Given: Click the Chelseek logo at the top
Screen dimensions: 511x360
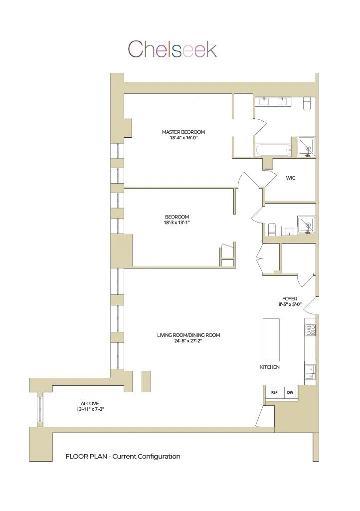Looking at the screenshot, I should (173, 49).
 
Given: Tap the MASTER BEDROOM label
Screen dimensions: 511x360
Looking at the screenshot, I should (183, 132).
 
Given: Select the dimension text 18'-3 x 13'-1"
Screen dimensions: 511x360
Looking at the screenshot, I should (177, 223).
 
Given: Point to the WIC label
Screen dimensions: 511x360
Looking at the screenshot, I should (291, 178).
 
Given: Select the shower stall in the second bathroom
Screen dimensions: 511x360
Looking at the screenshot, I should (307, 225).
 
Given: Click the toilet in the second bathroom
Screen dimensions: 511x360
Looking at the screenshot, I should (272, 230).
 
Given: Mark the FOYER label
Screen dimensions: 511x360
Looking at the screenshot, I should (290, 299).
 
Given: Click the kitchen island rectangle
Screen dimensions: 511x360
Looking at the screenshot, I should (271, 339).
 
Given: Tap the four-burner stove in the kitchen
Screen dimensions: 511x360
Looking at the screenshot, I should (310, 330).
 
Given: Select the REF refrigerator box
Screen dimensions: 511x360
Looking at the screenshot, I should (274, 393).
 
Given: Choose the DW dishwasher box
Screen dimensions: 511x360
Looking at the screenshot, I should (290, 393).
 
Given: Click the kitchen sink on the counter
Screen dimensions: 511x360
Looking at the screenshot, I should (310, 370).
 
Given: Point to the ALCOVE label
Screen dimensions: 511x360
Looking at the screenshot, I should (90, 403).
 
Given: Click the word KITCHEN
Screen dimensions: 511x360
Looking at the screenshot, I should (270, 367).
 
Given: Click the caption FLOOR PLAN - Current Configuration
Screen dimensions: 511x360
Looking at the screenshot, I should (123, 457).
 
